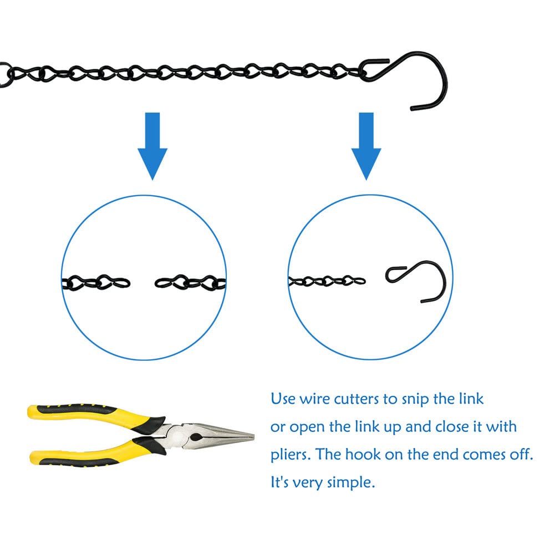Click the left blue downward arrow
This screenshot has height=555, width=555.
click(152, 145)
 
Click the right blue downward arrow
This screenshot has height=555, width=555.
click(366, 145)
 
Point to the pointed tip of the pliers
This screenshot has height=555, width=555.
click(253, 437)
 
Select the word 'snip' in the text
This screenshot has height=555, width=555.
click(415, 400)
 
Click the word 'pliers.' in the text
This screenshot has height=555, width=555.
click(290, 455)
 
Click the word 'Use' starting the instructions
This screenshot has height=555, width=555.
click(283, 399)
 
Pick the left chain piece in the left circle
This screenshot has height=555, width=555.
click(96, 282)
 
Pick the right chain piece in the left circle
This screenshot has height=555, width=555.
click(190, 282)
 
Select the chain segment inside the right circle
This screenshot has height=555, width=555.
click(327, 281)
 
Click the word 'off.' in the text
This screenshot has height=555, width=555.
click(521, 454)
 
